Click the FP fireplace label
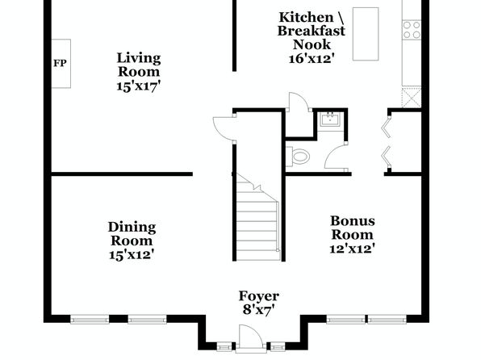coord(60,63)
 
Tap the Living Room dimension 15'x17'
coord(139,86)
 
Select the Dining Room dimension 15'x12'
coord(132,255)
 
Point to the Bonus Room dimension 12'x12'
coord(353,249)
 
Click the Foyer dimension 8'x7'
coord(258,310)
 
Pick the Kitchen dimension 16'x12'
coord(311,58)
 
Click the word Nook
coord(312,44)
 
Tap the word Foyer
coord(259,296)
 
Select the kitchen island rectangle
coord(366,34)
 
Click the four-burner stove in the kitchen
coord(412,30)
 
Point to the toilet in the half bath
coord(298,157)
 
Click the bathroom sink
coord(330,119)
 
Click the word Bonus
coord(353,221)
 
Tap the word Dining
coord(132,228)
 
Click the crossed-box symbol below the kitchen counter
coord(412,98)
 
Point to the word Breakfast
coord(312,31)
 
